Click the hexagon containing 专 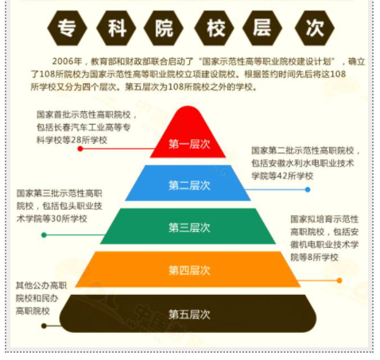coord(67,28)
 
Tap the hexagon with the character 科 coord(116,28)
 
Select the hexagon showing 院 coord(164,28)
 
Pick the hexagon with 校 coord(214,28)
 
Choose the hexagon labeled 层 coord(262,28)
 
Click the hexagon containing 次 coord(315,28)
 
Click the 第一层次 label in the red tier coord(189,145)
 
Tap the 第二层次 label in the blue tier coord(189,185)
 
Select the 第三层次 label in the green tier coord(189,227)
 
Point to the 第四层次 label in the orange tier coord(189,270)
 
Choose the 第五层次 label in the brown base coord(189,315)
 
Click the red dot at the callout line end coord(80,149)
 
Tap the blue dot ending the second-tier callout coord(308,190)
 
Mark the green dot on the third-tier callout coord(44,235)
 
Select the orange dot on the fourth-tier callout coord(339,281)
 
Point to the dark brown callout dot coord(44,326)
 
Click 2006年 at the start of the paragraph coord(67,61)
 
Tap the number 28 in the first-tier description coord(76,140)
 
